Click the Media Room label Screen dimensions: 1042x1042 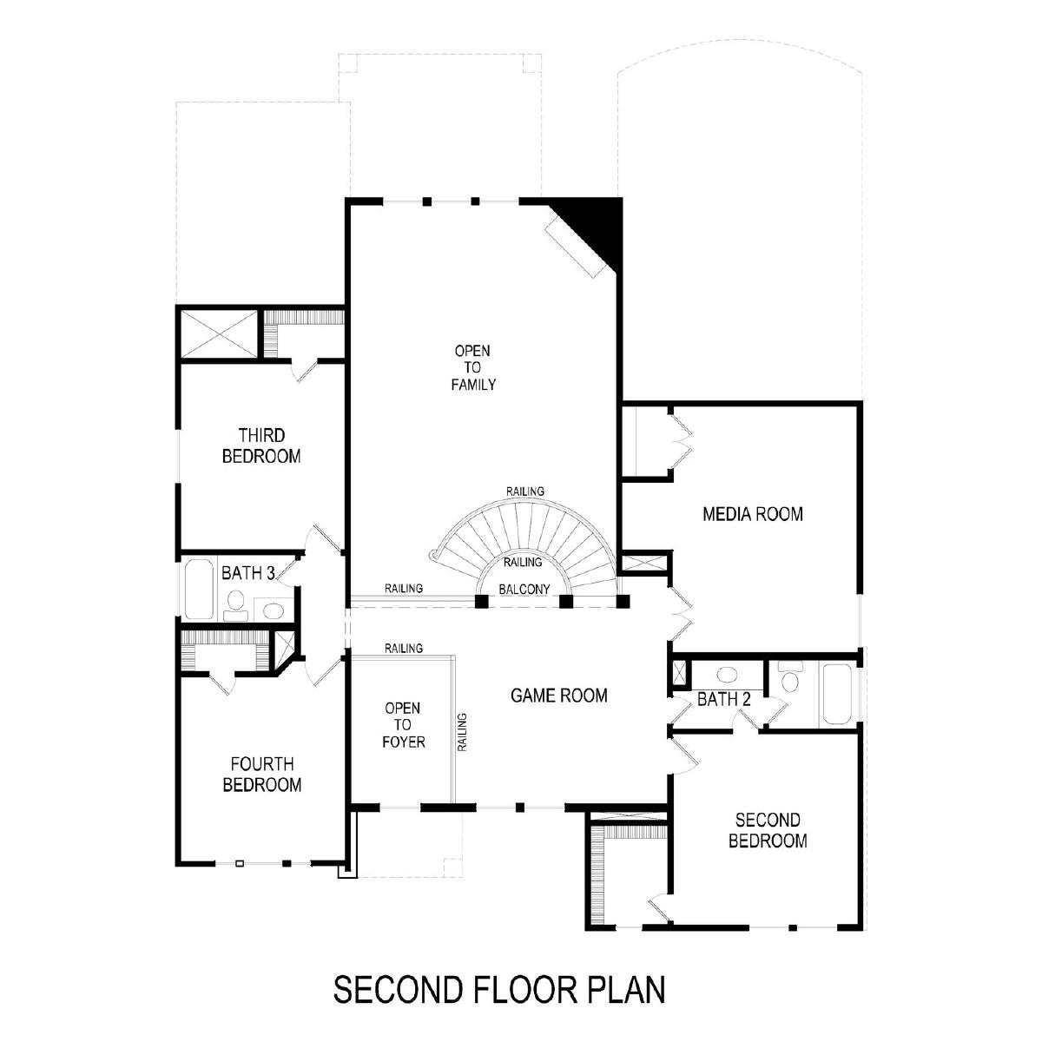pyautogui.click(x=752, y=514)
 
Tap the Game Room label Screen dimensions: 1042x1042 pyautogui.click(x=558, y=696)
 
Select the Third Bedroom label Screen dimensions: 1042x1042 pyautogui.click(x=261, y=445)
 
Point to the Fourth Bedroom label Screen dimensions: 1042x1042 pyautogui.click(x=261, y=775)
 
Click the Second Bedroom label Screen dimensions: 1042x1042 pyautogui.click(x=768, y=831)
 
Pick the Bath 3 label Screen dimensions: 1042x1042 pyautogui.click(x=248, y=573)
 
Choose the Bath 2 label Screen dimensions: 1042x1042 pyautogui.click(x=724, y=700)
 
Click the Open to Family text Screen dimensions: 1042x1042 pyautogui.click(x=473, y=367)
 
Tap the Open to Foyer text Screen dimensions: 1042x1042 pyautogui.click(x=404, y=724)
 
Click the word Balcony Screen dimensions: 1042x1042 pyautogui.click(x=524, y=590)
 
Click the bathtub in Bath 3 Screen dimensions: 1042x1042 pyautogui.click(x=199, y=590)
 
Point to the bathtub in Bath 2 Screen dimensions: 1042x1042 pyautogui.click(x=838, y=695)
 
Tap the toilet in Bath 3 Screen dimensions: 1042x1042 pyautogui.click(x=234, y=605)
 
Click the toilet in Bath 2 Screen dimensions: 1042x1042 pyautogui.click(x=790, y=676)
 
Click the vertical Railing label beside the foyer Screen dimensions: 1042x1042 pyautogui.click(x=462, y=732)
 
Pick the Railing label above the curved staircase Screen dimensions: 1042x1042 pyautogui.click(x=525, y=491)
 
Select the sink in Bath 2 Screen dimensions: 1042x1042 pyautogui.click(x=727, y=675)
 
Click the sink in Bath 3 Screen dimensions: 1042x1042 pyautogui.click(x=272, y=611)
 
